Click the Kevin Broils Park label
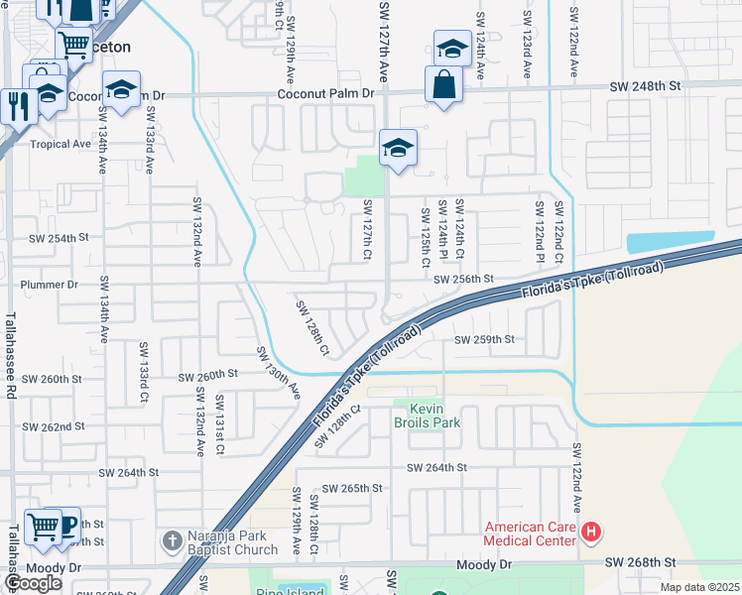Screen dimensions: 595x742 pos(428,416)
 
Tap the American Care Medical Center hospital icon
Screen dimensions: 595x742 pos(591,534)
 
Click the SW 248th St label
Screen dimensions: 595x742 pos(647,87)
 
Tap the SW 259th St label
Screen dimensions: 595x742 pos(484,340)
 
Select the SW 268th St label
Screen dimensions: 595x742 pos(641,563)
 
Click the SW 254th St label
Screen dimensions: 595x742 pos(59,239)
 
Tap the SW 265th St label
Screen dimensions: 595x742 pos(352,488)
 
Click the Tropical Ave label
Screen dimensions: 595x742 pos(61,144)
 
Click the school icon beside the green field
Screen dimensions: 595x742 pos(397,148)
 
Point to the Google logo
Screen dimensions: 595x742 pos(34,583)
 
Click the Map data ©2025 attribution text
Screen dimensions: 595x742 pos(699,587)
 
